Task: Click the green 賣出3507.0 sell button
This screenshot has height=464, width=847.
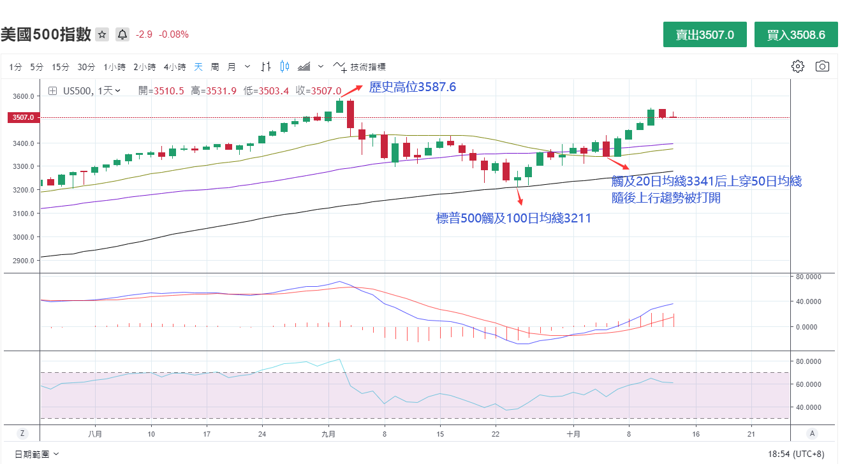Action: click(705, 35)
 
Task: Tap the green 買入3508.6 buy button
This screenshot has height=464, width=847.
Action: click(796, 35)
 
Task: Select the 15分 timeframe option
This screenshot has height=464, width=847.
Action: click(61, 67)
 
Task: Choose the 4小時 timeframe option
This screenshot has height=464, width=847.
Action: click(174, 67)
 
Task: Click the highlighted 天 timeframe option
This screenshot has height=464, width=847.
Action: click(198, 67)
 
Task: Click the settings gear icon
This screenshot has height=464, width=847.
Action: click(797, 66)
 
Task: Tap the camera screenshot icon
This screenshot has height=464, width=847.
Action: click(822, 66)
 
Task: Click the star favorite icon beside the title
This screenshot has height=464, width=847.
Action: click(102, 34)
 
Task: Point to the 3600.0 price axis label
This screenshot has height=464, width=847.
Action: click(22, 96)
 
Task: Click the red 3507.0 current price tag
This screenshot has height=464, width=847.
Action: click(22, 117)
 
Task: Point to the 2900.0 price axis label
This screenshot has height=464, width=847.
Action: click(22, 261)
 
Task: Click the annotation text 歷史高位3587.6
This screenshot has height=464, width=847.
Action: click(413, 87)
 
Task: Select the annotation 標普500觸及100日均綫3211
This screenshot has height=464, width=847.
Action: click(513, 219)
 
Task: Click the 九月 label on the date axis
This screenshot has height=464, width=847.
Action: click(328, 434)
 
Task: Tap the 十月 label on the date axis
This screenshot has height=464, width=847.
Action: click(573, 434)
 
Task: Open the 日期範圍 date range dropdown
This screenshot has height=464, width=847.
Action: click(37, 454)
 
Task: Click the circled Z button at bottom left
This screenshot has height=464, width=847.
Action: click(22, 433)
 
